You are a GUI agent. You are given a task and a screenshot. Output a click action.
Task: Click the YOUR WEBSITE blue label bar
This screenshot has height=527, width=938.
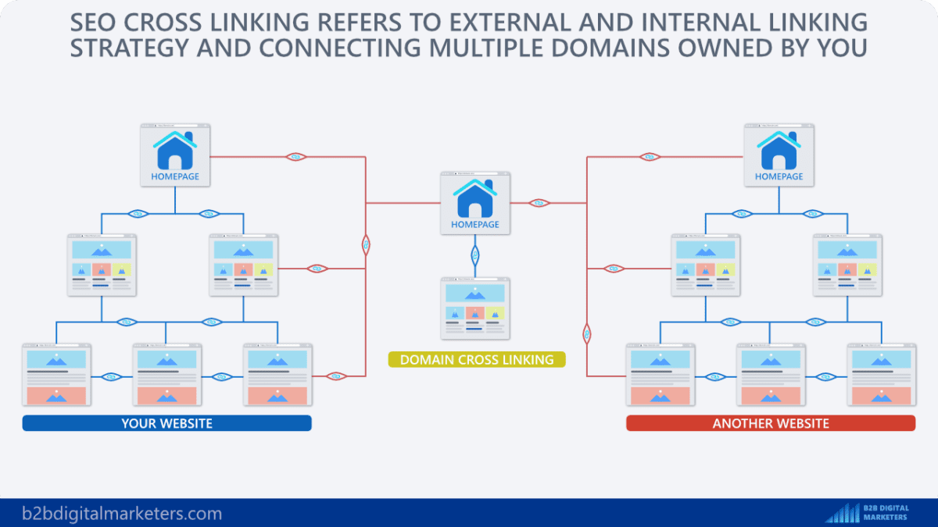pos(166,423)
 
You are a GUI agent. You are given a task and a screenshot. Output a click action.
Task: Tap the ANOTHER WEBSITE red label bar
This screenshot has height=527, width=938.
pos(770,423)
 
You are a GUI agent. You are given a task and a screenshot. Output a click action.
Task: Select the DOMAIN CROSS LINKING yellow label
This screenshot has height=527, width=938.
pos(477,360)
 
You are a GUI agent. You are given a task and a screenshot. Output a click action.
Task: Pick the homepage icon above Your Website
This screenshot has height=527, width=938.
pos(175,155)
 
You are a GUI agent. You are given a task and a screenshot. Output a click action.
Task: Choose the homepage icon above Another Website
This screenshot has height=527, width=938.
pos(779,155)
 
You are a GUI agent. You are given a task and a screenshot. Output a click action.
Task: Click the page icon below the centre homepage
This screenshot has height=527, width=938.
pos(474,308)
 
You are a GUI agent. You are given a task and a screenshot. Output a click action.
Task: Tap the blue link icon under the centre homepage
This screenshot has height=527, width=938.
pos(474,255)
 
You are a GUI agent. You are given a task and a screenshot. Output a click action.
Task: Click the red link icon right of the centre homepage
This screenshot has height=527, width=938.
pos(538,203)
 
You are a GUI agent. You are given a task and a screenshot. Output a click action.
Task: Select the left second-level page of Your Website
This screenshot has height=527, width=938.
pos(102,265)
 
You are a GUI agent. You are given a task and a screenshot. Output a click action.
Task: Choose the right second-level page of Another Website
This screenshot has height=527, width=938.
pos(849,265)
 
